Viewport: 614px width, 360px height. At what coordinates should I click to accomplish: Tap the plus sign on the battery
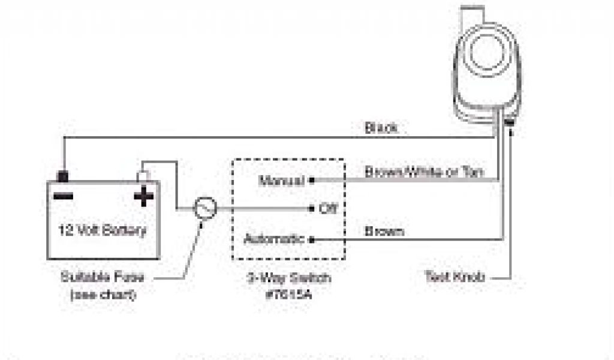click(x=143, y=196)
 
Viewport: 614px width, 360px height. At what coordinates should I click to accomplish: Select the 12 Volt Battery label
click(x=103, y=230)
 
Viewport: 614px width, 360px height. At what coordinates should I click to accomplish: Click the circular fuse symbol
click(x=203, y=208)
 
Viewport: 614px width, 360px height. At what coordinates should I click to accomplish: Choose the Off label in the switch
click(x=327, y=209)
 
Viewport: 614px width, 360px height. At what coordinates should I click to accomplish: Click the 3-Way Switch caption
click(x=289, y=278)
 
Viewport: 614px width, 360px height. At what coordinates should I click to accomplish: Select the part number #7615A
click(x=289, y=294)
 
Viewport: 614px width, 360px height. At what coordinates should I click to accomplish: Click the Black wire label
click(x=381, y=128)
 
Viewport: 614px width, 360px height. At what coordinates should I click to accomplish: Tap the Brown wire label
click(x=384, y=231)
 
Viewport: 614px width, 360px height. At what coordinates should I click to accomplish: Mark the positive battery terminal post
click(x=143, y=176)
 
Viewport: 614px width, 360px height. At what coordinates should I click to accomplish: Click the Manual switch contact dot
click(x=312, y=179)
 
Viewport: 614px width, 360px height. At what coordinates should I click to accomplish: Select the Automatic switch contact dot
click(x=312, y=239)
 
